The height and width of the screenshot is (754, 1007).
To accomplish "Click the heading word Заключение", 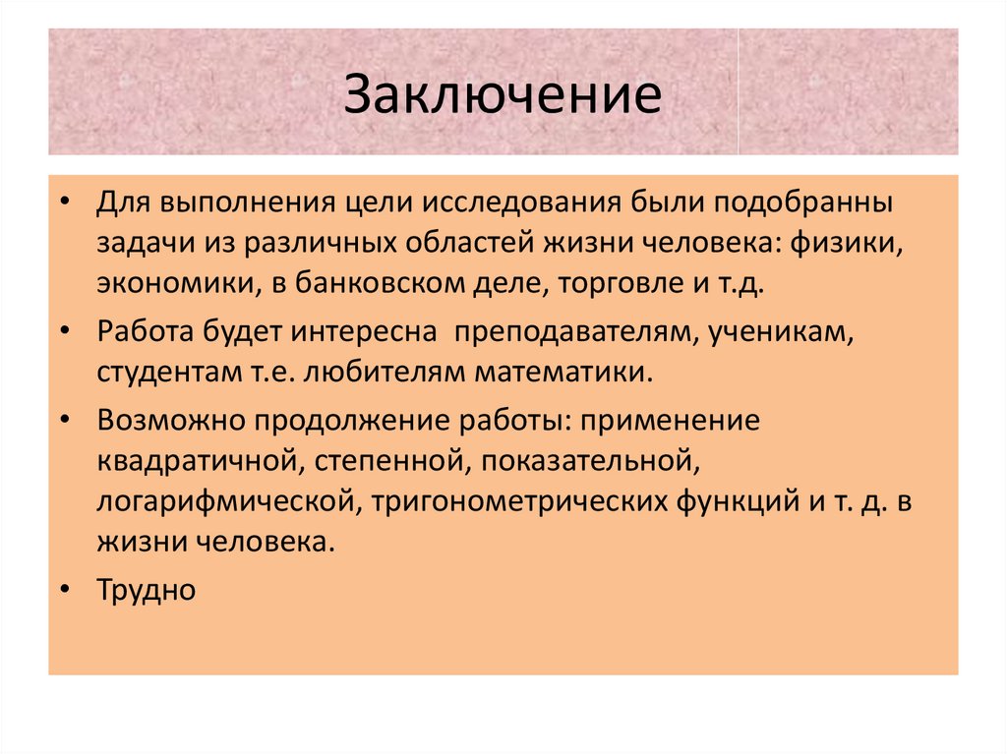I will coord(503,98).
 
